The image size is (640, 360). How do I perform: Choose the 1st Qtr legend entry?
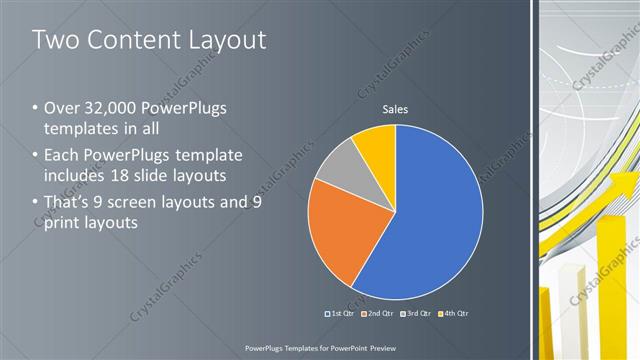click(339, 313)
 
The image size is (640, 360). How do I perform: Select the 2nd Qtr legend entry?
click(376, 313)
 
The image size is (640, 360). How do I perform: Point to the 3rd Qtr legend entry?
click(413, 313)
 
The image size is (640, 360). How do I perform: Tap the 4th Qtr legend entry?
click(450, 313)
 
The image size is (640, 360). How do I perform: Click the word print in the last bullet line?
click(61, 221)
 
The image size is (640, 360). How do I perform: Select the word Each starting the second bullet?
click(63, 155)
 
